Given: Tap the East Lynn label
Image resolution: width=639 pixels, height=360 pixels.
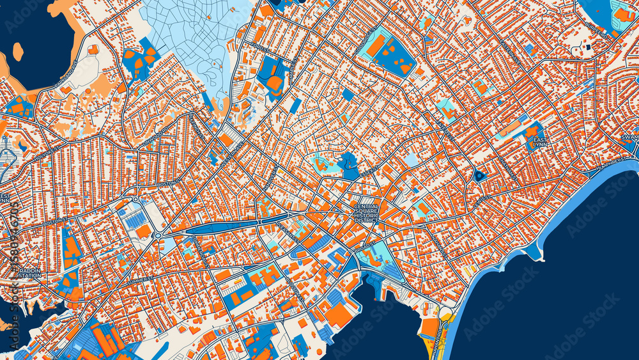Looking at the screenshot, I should pyautogui.click(x=540, y=143).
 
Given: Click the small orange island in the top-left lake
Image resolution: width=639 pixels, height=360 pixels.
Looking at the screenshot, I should pyautogui.click(x=18, y=51).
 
